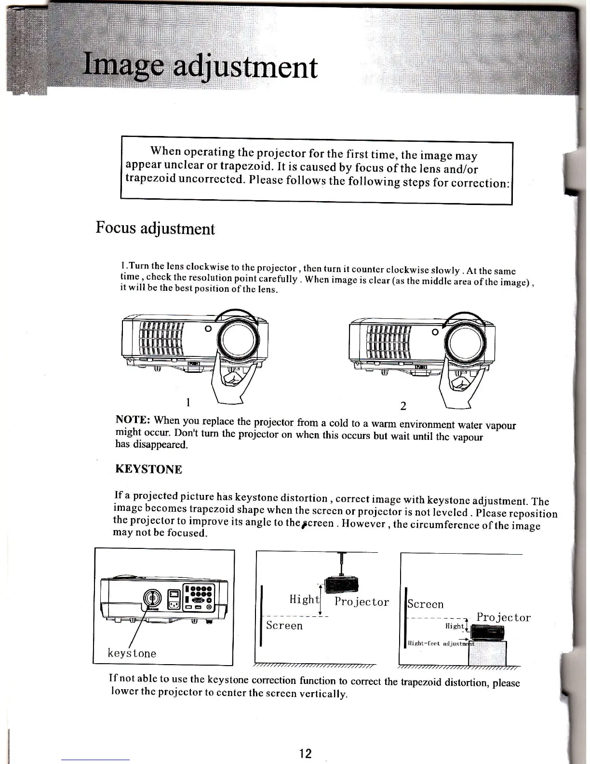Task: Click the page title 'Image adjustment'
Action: (x=200, y=68)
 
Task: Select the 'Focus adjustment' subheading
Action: (x=155, y=228)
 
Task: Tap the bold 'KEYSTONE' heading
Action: (x=148, y=469)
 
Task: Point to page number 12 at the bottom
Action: (x=305, y=753)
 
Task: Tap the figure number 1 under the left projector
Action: (x=188, y=402)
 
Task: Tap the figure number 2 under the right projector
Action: (x=403, y=406)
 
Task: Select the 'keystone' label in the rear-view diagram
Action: (x=132, y=653)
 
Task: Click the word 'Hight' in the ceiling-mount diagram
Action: (x=304, y=600)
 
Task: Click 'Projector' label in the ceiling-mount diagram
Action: (x=362, y=601)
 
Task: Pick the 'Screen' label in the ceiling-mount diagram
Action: (x=284, y=626)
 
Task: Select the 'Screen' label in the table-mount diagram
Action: (x=425, y=604)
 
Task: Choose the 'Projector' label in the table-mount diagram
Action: (x=503, y=617)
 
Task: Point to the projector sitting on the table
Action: (x=487, y=632)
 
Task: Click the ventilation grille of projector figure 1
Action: (x=161, y=338)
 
